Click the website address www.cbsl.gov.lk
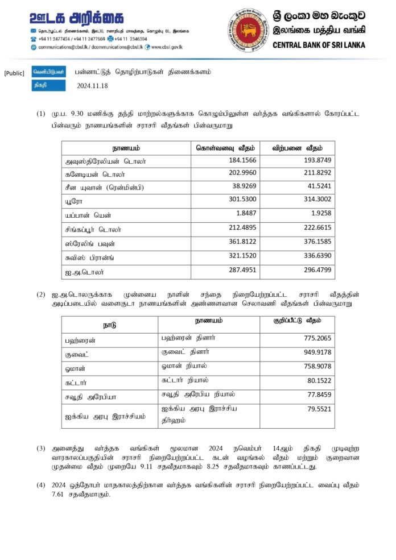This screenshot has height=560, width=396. click(x=170, y=47)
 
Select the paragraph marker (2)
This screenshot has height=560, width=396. click(x=41, y=294)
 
